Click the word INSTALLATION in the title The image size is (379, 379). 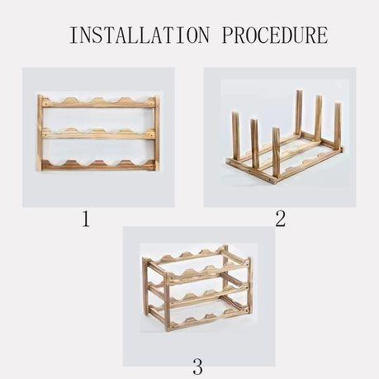pos(139,36)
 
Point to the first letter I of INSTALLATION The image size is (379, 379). pos(73,36)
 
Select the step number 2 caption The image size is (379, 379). pos(280,219)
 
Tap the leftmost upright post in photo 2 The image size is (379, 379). pos(235,140)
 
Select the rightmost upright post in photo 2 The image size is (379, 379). pos(337,124)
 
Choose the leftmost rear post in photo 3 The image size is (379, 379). pos(147,285)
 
